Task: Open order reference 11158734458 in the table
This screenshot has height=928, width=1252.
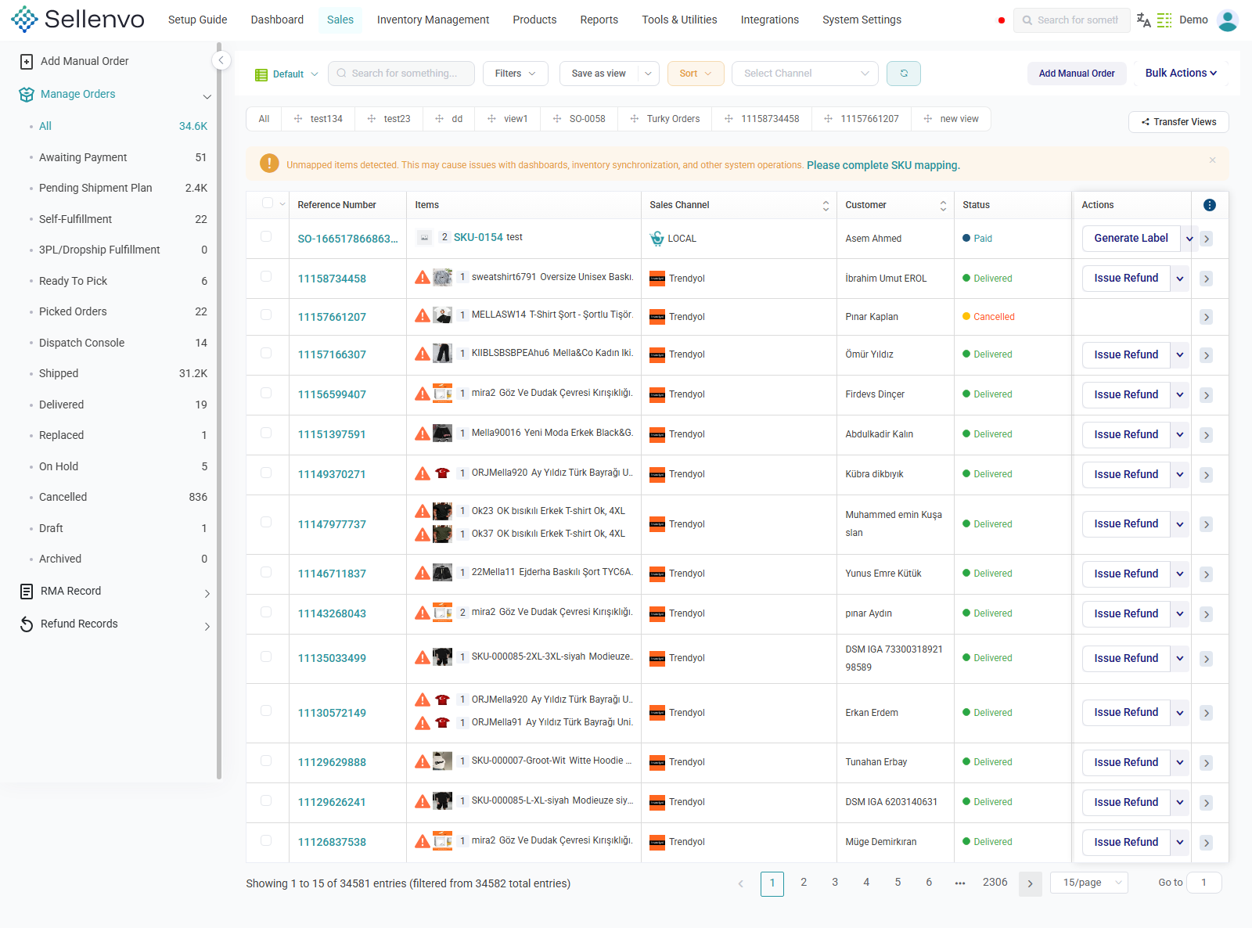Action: coord(332,279)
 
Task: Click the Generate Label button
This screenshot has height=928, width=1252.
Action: coord(1131,238)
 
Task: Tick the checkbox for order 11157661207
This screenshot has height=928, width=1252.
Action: coord(266,315)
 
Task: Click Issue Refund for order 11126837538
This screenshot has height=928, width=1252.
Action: coord(1125,842)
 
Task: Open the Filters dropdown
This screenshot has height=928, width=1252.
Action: coord(515,74)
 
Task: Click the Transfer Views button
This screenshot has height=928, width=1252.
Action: coord(1178,122)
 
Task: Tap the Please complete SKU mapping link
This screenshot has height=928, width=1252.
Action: coord(883,165)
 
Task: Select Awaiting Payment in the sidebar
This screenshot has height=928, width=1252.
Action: coord(83,157)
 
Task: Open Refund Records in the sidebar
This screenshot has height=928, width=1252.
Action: coord(79,624)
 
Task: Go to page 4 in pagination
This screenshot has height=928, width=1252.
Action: coord(866,883)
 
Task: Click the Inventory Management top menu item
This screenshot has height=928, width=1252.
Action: coord(433,20)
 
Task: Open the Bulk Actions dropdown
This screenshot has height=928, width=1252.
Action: coord(1180,74)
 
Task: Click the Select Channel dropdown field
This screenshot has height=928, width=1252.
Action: coord(804,74)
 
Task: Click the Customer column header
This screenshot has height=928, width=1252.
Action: coord(865,205)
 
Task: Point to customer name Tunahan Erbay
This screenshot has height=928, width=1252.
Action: coord(876,762)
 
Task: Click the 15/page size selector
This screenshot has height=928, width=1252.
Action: coord(1089,883)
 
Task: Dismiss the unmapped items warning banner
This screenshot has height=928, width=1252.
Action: coord(1212,160)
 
